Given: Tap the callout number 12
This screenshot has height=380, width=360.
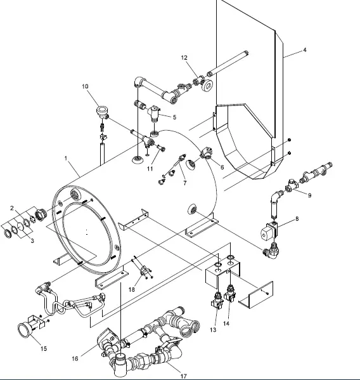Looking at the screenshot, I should [x=184, y=58].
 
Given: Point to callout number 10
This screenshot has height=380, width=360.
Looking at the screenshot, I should [x=85, y=86].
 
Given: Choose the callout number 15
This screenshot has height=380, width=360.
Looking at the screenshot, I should [x=43, y=348].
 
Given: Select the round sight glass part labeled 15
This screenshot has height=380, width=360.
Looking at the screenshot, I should [x=26, y=331].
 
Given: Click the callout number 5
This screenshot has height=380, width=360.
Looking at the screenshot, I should [x=174, y=117].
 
